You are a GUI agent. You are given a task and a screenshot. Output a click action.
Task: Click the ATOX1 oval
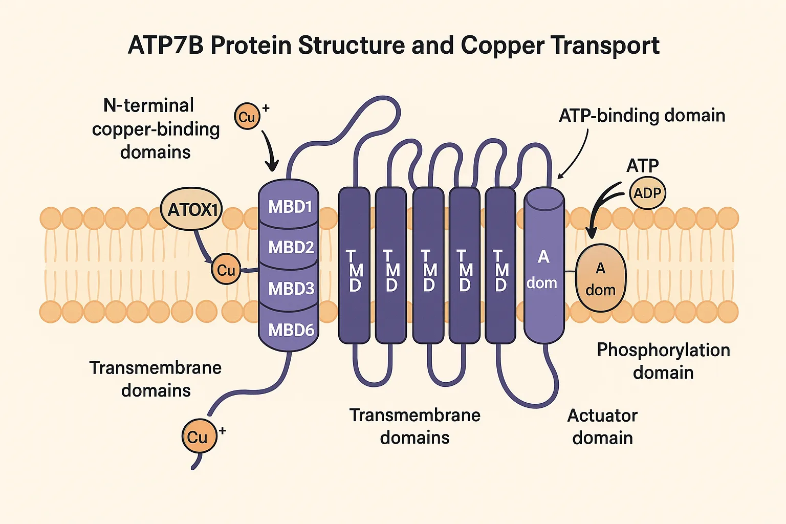pos(192,209)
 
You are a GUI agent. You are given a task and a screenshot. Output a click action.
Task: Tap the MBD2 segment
pos(290,247)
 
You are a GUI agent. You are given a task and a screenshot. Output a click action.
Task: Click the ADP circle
pos(647,193)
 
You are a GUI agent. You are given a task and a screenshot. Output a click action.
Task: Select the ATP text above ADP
pos(643,165)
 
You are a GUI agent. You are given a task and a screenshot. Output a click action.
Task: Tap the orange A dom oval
pos(601,278)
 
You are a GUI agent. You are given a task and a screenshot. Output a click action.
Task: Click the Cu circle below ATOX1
pos(226,269)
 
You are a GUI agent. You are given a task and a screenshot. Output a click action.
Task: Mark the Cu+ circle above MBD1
pos(247,117)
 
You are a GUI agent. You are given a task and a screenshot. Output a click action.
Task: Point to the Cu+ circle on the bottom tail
pos(198,436)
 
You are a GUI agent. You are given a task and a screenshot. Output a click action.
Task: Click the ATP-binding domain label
pos(642,116)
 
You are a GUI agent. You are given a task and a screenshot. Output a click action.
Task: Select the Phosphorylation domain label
pos(663,361)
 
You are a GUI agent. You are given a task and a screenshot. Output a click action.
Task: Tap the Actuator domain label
pos(602,426)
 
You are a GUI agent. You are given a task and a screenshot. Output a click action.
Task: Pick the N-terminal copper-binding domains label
pos(156,128)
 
